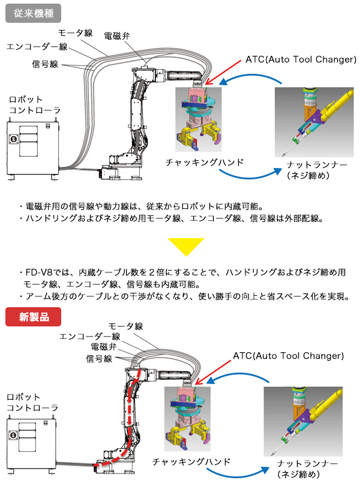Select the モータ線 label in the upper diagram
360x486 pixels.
pos(75,33)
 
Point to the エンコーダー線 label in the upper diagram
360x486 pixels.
pos(37,47)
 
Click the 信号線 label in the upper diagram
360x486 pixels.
pos(46,63)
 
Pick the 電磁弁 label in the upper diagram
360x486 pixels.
pos(116,36)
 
